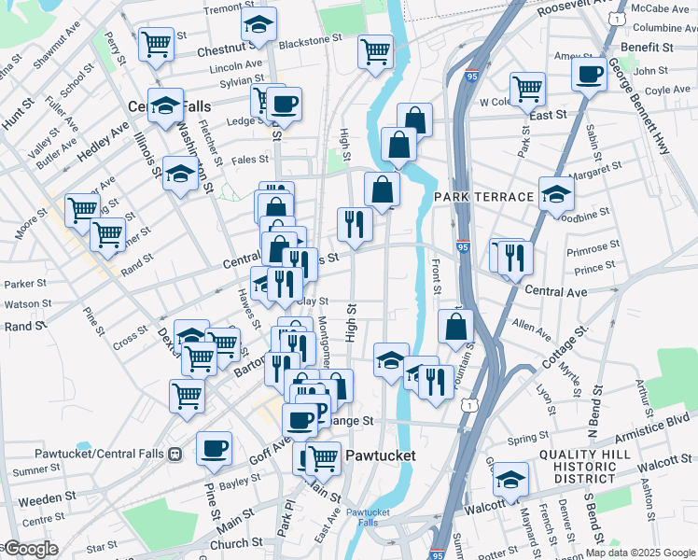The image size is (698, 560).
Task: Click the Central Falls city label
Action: pos(170,106)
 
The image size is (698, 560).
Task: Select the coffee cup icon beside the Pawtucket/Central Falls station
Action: pos(214,446)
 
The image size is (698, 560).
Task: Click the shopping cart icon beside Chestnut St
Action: pos(156,43)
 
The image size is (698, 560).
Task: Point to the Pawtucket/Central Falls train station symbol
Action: pos(174,455)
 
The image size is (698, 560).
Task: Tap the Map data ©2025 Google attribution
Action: pos(640,553)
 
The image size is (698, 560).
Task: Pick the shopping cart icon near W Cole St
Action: pos(527,90)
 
